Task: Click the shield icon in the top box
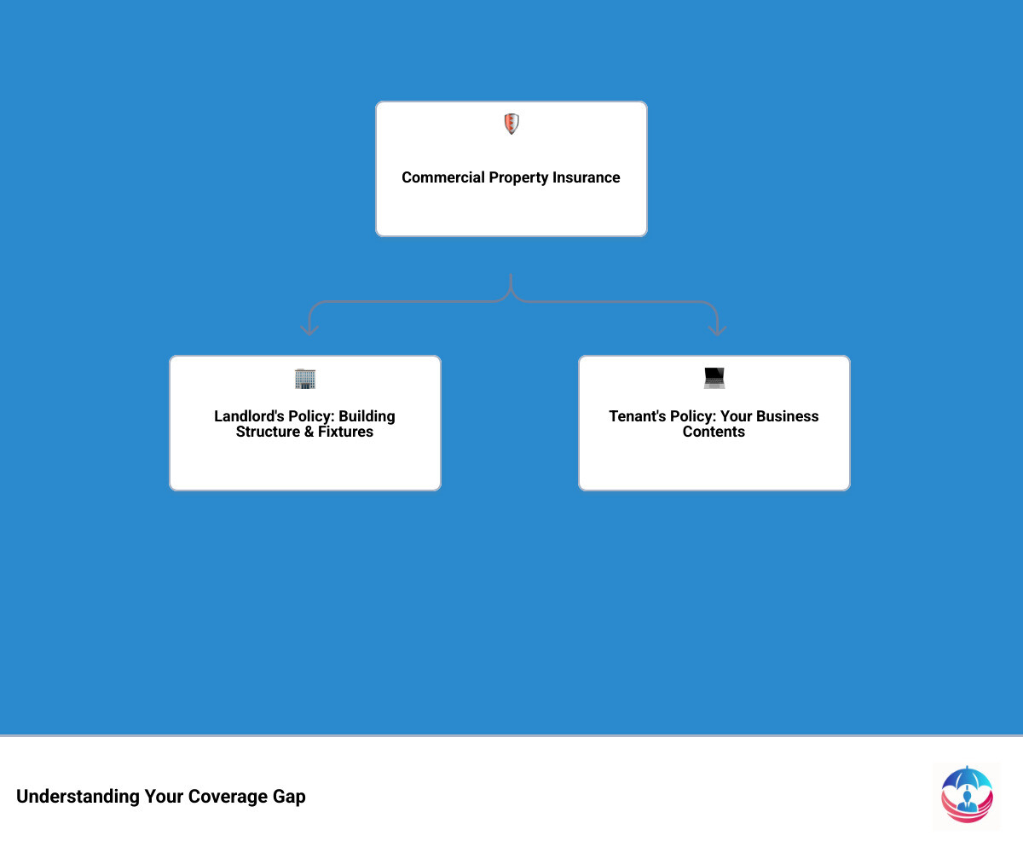[x=511, y=124]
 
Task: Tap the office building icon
[x=304, y=379]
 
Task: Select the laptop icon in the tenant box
[x=714, y=378]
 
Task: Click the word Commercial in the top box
[x=443, y=177]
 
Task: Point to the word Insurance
[x=586, y=177]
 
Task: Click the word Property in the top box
[x=518, y=177]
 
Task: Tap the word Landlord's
[x=249, y=415]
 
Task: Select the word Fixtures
[x=345, y=432]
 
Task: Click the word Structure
[x=268, y=432]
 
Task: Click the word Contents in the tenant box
[x=714, y=432]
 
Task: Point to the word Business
[x=788, y=415]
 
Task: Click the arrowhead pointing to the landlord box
[x=309, y=330]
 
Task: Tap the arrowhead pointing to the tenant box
[x=717, y=330]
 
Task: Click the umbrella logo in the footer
[x=967, y=795]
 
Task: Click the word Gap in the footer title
[x=289, y=797]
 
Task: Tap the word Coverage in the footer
[x=228, y=797]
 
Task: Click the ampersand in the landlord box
[x=309, y=432]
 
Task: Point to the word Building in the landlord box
[x=367, y=416]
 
